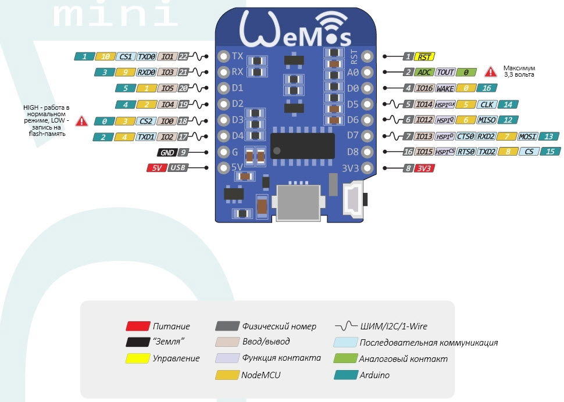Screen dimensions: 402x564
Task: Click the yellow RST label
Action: click(426, 57)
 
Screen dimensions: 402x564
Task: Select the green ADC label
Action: click(425, 73)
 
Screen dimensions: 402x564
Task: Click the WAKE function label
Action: click(445, 88)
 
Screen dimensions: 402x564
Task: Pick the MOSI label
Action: click(527, 137)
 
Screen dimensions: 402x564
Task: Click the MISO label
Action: click(487, 120)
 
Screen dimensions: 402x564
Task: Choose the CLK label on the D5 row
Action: click(486, 105)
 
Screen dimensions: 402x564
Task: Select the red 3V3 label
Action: click(425, 168)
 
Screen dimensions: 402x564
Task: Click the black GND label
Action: click(166, 152)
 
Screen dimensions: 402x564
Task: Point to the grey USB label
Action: click(178, 168)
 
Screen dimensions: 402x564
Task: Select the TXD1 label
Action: click(145, 137)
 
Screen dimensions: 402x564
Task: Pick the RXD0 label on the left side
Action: click(145, 73)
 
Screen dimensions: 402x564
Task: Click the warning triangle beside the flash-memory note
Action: click(82, 121)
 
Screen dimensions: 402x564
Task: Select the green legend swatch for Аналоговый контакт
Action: click(345, 359)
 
